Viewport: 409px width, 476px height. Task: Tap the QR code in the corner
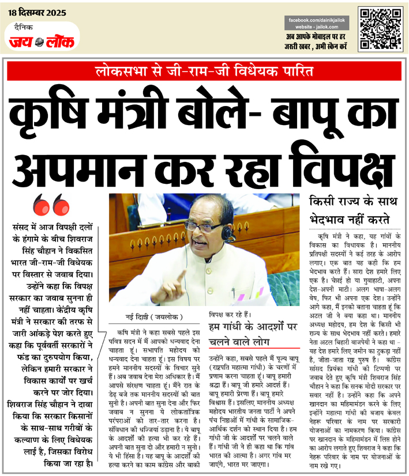[380, 29]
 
